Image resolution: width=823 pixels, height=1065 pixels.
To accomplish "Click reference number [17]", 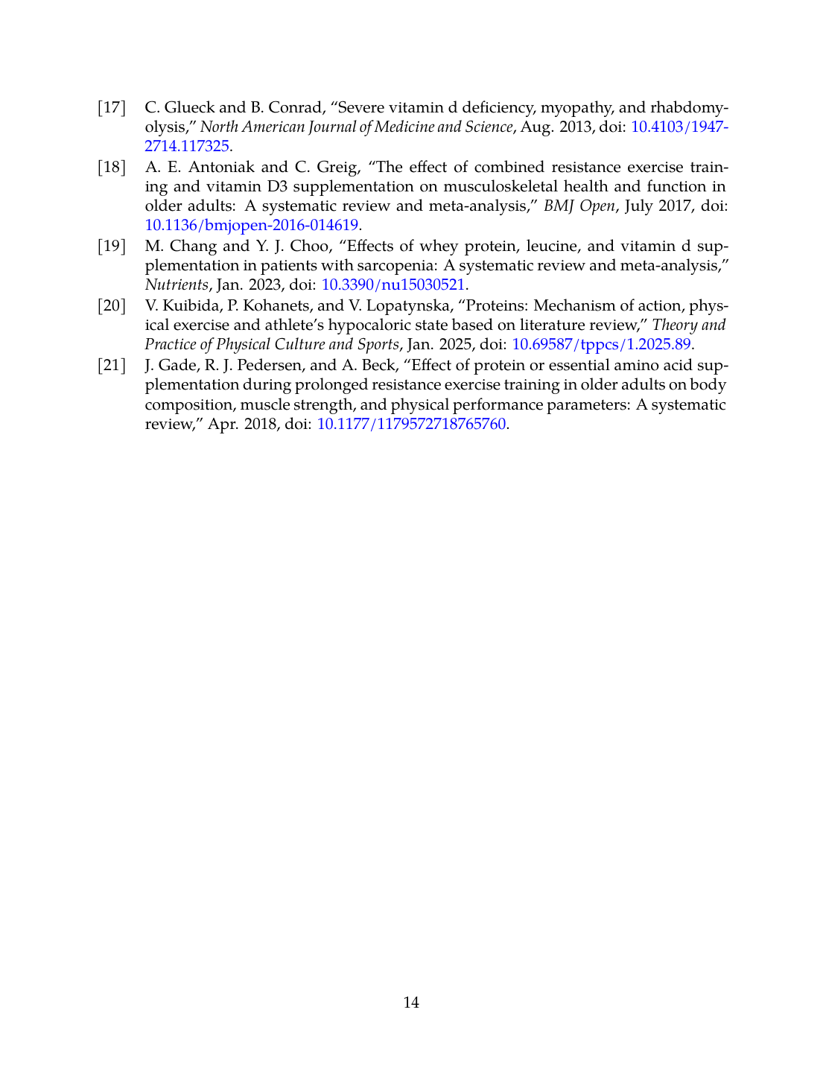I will coord(112,107).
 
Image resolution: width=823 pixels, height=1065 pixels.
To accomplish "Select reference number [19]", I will coord(112,247).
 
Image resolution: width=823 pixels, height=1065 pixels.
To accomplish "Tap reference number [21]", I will coord(112,366).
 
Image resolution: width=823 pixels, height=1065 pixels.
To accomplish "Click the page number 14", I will coord(411,1002).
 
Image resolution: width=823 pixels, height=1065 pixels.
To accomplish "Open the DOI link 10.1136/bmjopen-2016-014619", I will coord(252,225).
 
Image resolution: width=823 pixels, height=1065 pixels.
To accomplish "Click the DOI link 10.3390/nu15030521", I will coord(393,284).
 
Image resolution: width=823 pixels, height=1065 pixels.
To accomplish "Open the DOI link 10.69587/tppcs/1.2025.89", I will coord(602,344).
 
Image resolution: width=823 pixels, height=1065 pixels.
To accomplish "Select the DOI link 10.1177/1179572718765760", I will coord(412,425).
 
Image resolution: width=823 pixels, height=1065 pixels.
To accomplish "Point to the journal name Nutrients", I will coord(177,284).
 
